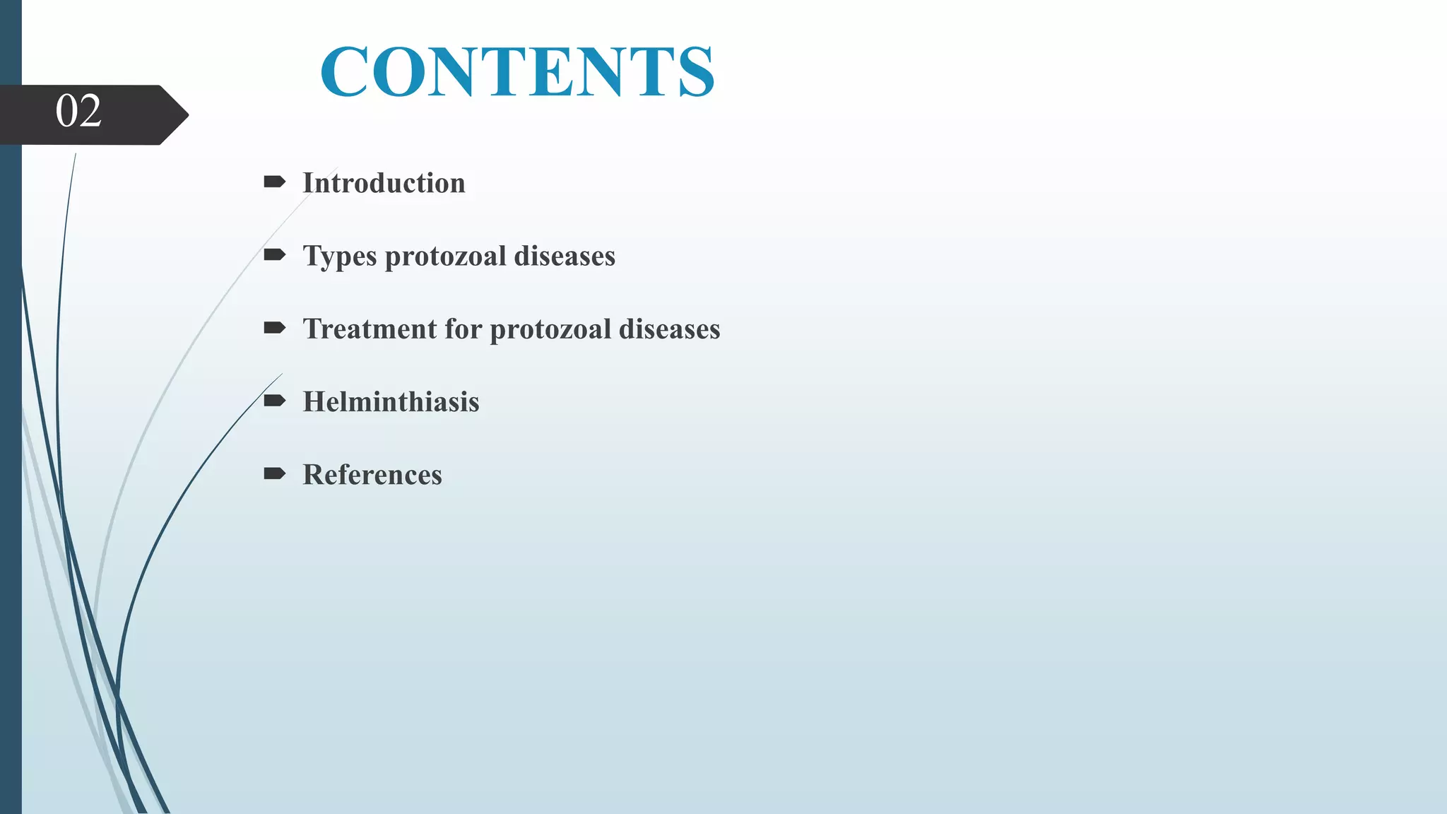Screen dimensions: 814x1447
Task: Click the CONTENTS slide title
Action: tap(517, 71)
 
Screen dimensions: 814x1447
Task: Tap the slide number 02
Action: tap(78, 111)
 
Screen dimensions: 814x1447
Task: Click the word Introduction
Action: tap(384, 183)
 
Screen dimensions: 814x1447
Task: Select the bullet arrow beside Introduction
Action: tap(274, 182)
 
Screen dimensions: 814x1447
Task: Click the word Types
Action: tap(340, 256)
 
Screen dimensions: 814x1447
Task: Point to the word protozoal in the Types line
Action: tap(445, 256)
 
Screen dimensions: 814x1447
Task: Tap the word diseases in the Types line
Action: tap(565, 256)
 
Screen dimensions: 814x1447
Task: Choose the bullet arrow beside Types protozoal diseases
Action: tap(274, 255)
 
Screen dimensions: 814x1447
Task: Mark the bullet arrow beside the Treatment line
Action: tap(274, 328)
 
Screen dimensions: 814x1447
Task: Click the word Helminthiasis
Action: tap(391, 402)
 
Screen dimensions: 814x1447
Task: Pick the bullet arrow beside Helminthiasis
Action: tap(274, 401)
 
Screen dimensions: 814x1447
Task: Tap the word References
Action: tap(372, 475)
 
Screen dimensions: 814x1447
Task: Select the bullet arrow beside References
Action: tap(274, 473)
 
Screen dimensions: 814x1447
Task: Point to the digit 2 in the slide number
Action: tap(90, 111)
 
